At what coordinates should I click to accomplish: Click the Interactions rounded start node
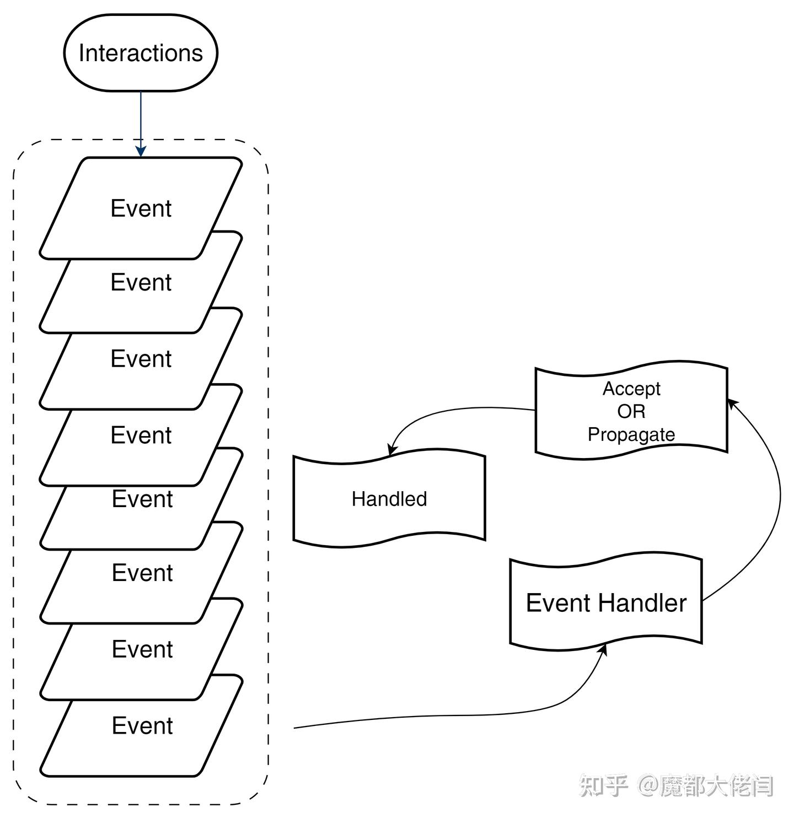coord(141,53)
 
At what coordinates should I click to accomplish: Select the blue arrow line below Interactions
coord(141,119)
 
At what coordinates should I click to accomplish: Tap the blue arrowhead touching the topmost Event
coord(141,151)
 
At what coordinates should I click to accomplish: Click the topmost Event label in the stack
coord(141,208)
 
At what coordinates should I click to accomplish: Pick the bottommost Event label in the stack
coord(142,725)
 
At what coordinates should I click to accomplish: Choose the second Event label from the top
coord(141,282)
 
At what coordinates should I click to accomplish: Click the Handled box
coord(389,498)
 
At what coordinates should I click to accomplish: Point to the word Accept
coord(631,389)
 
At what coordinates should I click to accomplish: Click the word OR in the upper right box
coord(631,411)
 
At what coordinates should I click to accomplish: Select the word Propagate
coord(631,434)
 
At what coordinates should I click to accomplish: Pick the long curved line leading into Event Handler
coord(441,716)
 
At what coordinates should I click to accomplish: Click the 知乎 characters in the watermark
coord(603,785)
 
